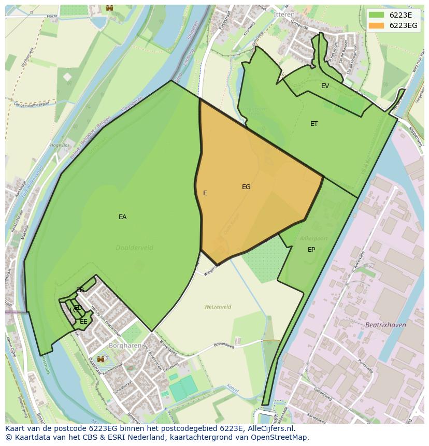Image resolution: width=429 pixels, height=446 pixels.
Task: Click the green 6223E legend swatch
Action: tap(376, 16)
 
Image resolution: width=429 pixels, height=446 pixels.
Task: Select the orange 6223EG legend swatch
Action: tap(376, 25)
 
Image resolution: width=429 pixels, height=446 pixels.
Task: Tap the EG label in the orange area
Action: tap(246, 187)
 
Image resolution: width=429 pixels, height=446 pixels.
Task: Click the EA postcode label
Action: tap(122, 217)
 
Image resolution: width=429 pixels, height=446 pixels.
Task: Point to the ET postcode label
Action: tap(314, 124)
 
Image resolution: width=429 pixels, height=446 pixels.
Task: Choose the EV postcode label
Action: tap(325, 86)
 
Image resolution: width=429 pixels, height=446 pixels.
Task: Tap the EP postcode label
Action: tap(311, 250)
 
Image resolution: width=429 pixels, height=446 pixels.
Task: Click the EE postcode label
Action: tap(83, 322)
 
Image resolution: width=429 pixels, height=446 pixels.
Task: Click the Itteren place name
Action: tap(284, 15)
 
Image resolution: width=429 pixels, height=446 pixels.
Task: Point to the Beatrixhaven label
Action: tap(385, 325)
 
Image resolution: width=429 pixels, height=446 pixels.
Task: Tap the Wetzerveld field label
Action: tap(218, 307)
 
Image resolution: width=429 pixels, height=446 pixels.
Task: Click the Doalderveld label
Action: tap(135, 248)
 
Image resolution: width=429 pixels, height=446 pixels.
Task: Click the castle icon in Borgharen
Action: tap(101, 358)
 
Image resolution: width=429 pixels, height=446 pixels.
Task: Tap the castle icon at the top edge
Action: tap(109, 7)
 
